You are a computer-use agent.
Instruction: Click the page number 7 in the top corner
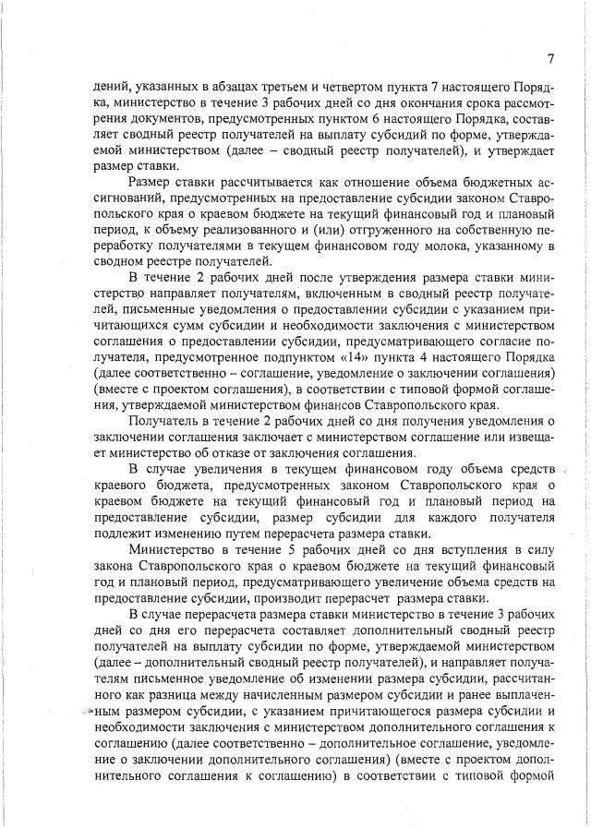pos(549,60)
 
